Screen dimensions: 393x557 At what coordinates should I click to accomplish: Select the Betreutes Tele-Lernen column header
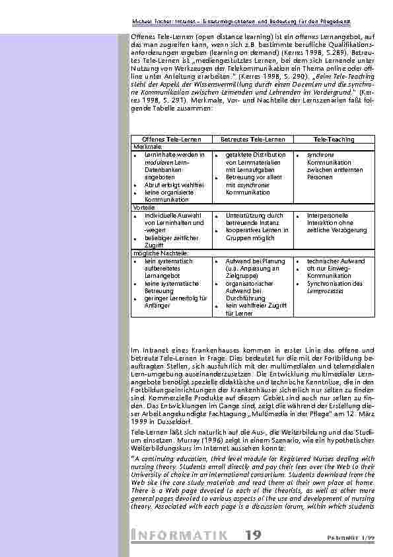point(253,140)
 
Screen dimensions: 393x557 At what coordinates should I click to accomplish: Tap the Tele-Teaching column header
point(334,140)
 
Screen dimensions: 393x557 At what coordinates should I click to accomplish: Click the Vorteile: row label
point(144,207)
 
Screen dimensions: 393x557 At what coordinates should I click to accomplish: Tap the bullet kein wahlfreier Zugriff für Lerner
point(255,309)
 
